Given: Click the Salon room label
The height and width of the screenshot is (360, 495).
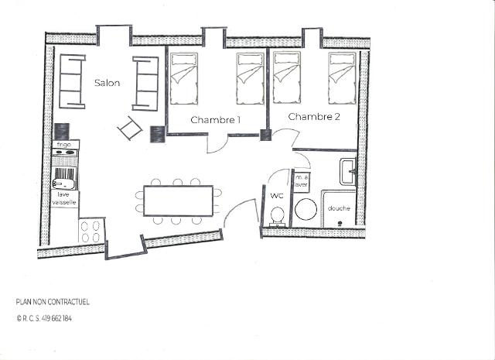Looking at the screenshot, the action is [x=108, y=83].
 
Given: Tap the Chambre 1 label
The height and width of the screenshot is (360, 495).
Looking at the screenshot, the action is [x=216, y=120].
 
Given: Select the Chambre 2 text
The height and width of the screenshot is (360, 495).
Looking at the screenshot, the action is [x=314, y=117].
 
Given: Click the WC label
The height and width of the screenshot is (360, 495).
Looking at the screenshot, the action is [x=277, y=196].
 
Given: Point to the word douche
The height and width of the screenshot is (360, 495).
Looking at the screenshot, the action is [x=339, y=208].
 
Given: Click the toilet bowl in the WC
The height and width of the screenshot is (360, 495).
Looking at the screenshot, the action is [x=278, y=215].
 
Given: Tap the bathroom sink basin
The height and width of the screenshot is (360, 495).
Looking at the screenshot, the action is [x=347, y=172].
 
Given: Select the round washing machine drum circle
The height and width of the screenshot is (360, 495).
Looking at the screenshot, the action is [x=306, y=210].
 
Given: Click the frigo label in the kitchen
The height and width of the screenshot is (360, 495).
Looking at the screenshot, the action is [x=63, y=145].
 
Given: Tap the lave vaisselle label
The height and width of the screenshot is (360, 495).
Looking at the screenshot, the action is [x=64, y=198].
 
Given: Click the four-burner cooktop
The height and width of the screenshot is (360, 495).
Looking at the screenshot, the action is [x=90, y=231].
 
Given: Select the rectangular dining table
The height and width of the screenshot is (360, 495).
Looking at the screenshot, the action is [x=179, y=201].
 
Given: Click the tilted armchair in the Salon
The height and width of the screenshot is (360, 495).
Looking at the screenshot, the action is [x=130, y=128].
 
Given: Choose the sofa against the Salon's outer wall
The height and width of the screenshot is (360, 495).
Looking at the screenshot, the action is [x=72, y=81].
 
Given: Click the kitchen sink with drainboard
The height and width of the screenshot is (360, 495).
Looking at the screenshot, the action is [x=65, y=178].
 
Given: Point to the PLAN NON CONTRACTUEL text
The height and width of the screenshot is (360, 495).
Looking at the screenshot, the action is [x=53, y=302].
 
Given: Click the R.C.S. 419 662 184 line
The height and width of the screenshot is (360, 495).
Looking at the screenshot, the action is [x=44, y=319].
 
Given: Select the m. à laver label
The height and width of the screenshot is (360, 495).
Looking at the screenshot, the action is [x=301, y=181].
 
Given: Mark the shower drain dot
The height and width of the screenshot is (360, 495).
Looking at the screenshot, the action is [x=340, y=224].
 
